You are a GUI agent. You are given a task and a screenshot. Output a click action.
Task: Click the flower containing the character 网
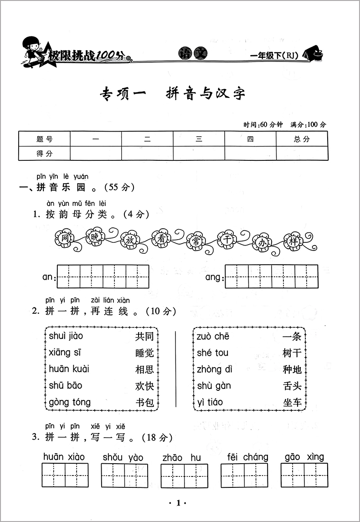[64, 238]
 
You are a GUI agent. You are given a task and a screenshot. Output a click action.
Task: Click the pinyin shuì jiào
[66, 337]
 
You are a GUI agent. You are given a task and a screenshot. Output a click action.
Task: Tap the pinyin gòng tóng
[70, 403]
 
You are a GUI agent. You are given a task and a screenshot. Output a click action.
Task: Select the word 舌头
[292, 386]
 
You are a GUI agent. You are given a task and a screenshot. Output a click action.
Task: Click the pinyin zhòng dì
[215, 369]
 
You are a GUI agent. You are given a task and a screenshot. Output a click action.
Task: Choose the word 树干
[292, 353]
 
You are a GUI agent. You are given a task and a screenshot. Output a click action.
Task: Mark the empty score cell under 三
[199, 154]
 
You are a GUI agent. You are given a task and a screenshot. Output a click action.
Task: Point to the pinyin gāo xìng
[304, 457]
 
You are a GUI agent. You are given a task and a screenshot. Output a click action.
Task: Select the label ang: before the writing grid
[214, 277]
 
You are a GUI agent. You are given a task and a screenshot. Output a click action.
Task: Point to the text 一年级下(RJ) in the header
[274, 56]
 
